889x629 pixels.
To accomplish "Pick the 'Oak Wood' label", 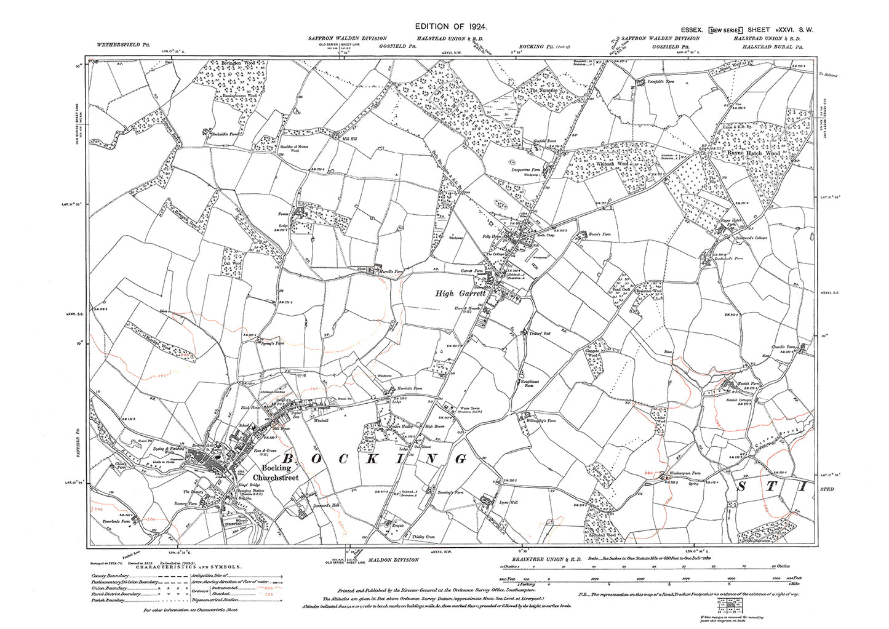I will pyautogui.click(x=233, y=263).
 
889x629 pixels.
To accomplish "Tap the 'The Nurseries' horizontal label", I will pyautogui.click(x=544, y=90).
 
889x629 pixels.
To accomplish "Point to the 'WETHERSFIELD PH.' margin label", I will pyautogui.click(x=124, y=45).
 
